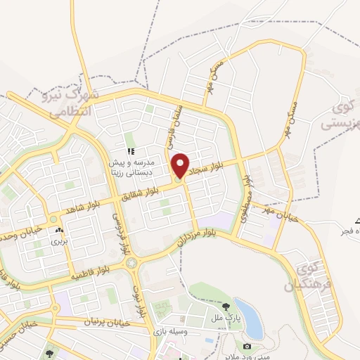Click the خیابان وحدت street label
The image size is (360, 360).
(x=21, y=231)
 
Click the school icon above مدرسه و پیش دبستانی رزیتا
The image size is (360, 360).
(x=130, y=151)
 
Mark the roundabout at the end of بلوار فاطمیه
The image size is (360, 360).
(x=131, y=264)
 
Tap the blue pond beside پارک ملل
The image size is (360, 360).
(x=248, y=316)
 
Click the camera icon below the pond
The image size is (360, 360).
(x=247, y=345)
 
